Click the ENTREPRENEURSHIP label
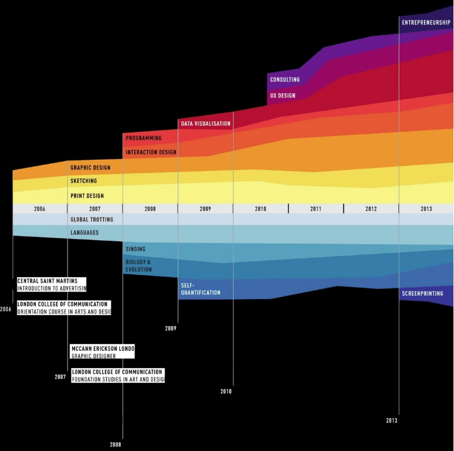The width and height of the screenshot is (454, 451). click(426, 23)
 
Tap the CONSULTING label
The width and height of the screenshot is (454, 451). click(285, 80)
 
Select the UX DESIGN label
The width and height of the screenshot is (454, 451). click(283, 96)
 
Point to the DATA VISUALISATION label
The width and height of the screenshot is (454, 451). click(205, 124)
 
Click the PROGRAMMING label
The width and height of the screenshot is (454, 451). click(144, 138)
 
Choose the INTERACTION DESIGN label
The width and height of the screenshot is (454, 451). click(151, 152)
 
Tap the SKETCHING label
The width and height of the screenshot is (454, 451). click(83, 181)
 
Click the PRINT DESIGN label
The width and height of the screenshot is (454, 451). click(87, 195)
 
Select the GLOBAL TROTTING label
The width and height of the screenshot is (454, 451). click(92, 219)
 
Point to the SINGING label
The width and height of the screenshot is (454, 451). click(136, 249)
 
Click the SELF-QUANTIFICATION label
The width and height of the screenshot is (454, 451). click(200, 289)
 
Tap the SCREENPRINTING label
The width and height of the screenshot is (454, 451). click(422, 293)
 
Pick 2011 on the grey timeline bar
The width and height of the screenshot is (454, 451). click(316, 209)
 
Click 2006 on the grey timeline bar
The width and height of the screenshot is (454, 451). click(40, 209)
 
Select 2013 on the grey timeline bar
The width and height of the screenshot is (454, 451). click(426, 209)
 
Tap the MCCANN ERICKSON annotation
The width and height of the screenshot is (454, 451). click(102, 348)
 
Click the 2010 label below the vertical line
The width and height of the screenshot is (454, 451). click(226, 392)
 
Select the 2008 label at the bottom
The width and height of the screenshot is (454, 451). click(115, 444)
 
